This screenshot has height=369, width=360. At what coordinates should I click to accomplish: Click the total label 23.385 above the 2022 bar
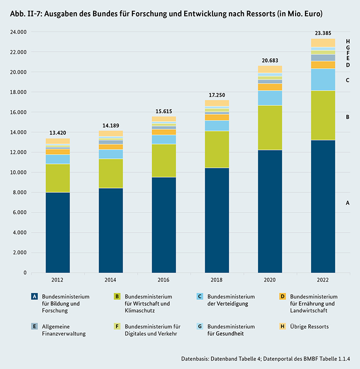tap(323, 33)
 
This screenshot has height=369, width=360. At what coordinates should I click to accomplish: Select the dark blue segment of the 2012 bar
tap(58, 232)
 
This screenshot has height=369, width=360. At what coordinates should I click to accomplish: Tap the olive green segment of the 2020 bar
tap(270, 127)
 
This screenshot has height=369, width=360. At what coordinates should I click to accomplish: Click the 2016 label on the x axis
tap(164, 280)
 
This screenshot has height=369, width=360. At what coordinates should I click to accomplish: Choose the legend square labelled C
tap(200, 297)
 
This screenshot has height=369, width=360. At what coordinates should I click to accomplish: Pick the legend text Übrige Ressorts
tap(310, 327)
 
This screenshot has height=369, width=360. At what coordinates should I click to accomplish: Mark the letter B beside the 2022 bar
tap(347, 117)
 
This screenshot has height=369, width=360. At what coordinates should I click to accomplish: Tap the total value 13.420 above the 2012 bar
tap(58, 133)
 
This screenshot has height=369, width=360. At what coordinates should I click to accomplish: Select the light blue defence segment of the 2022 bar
tap(323, 79)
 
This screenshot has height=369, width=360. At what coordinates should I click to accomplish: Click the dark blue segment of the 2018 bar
tap(217, 220)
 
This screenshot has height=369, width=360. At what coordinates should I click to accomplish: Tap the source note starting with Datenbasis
tap(266, 359)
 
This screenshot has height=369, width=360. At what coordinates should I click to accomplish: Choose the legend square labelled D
tap(283, 297)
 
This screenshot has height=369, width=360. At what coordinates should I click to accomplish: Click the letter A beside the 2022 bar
tap(347, 203)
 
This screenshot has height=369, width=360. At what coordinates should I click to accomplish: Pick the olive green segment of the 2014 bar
tap(110, 173)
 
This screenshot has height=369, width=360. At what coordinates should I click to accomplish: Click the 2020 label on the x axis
tap(270, 280)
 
